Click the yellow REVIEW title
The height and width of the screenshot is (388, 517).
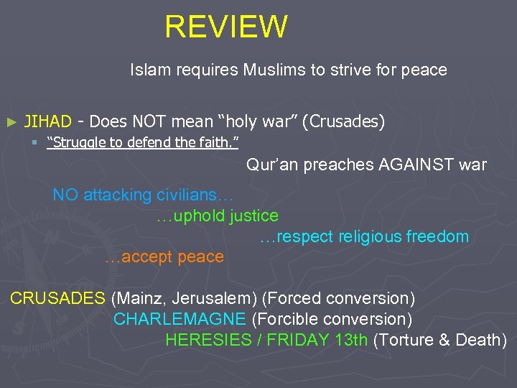pyautogui.click(x=225, y=27)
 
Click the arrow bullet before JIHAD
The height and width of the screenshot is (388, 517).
pyautogui.click(x=10, y=123)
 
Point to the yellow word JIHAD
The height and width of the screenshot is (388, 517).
pyautogui.click(x=48, y=122)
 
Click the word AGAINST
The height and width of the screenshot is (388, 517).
pyautogui.click(x=416, y=165)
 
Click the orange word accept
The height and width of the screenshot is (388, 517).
pyautogui.click(x=148, y=257)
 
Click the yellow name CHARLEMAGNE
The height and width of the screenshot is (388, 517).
pyautogui.click(x=180, y=319)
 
